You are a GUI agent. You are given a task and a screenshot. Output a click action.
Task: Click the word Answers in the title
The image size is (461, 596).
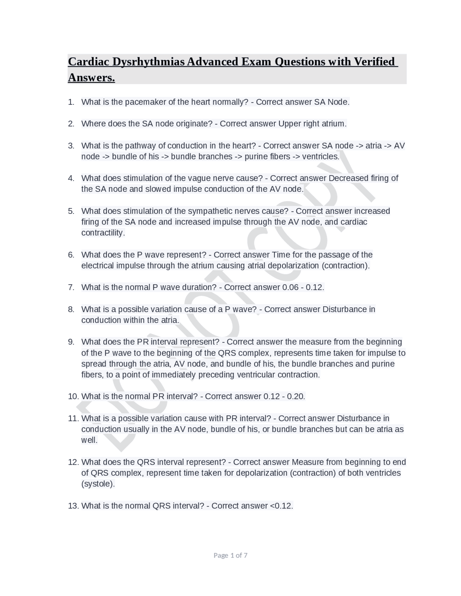pos(91,78)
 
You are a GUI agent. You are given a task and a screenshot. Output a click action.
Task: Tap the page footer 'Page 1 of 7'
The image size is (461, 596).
pos(230,555)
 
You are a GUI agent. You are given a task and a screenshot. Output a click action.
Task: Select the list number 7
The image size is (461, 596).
pos(71,287)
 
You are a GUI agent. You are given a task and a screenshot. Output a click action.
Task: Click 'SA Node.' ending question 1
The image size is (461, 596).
pos(332,102)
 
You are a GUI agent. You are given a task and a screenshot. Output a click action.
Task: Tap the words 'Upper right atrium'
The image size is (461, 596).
pos(312,124)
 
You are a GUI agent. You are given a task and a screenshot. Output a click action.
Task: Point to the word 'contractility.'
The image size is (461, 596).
pos(103,233)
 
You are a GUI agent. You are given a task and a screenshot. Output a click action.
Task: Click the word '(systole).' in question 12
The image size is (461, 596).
pos(98,484)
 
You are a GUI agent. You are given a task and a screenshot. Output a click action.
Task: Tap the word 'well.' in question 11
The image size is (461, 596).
pos(89,440)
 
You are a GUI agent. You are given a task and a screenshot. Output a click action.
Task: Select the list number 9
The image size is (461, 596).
pos(71,342)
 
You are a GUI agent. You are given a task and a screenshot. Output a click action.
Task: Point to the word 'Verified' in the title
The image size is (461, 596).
pos(374,62)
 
